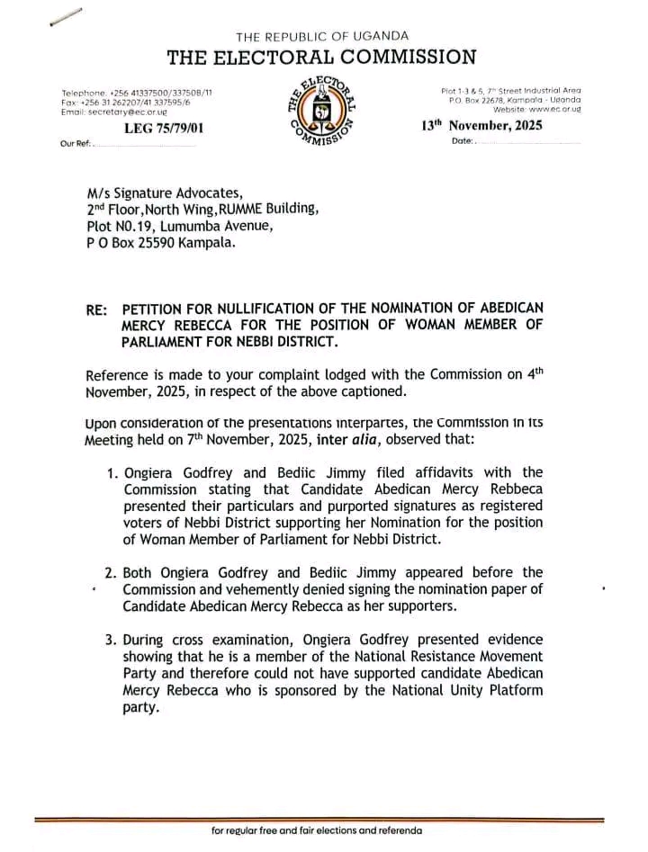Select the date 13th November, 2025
[x=481, y=126]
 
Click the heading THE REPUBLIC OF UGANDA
[x=321, y=36]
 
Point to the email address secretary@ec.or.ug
[x=113, y=112]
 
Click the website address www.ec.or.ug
[x=551, y=108]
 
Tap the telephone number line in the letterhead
[x=137, y=93]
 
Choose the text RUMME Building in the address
[x=274, y=209]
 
